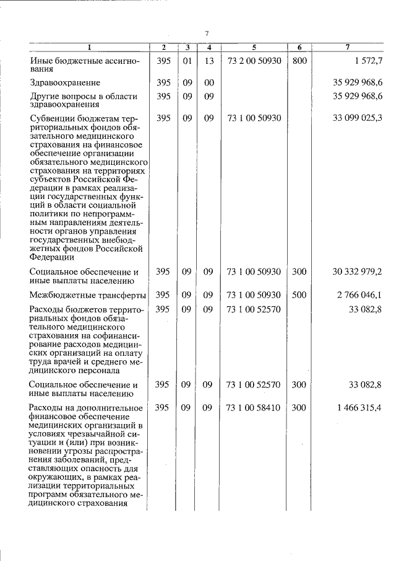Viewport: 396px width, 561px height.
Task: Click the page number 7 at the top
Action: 208,33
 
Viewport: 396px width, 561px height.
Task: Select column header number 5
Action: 254,48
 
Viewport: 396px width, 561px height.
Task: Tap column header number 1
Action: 88,48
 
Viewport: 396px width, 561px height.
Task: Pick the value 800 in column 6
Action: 299,61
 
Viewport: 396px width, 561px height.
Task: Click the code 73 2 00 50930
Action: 254,61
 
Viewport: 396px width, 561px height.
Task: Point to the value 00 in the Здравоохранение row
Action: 209,82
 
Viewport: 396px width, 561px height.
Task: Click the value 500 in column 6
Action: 299,294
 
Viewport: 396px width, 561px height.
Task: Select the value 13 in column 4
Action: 209,61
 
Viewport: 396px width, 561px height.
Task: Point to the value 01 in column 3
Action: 186,61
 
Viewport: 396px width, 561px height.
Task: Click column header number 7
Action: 348,48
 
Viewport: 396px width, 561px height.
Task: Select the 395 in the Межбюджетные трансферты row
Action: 163,294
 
